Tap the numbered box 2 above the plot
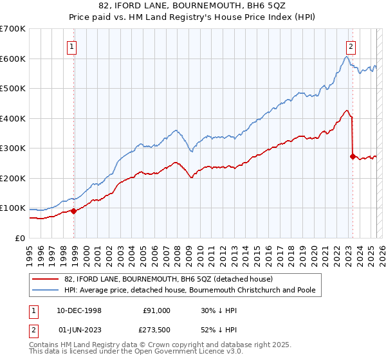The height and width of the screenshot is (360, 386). (351, 46)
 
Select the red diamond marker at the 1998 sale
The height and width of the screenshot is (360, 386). (74, 210)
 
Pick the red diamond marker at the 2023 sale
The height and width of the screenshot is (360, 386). (353, 156)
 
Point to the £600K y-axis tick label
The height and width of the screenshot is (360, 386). (13, 59)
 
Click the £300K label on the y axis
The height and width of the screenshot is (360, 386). (13, 148)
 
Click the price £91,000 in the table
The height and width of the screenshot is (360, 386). (156, 310)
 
